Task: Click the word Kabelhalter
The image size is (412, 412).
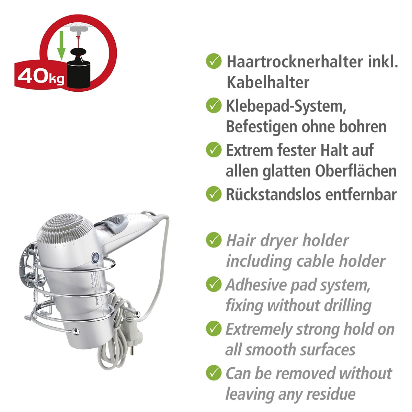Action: point(267,82)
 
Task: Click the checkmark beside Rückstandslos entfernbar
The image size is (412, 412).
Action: point(214,194)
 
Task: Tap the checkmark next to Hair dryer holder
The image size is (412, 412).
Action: point(214,240)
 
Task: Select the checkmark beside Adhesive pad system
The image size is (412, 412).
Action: point(214,284)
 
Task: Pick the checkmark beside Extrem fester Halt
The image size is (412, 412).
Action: point(214,150)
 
